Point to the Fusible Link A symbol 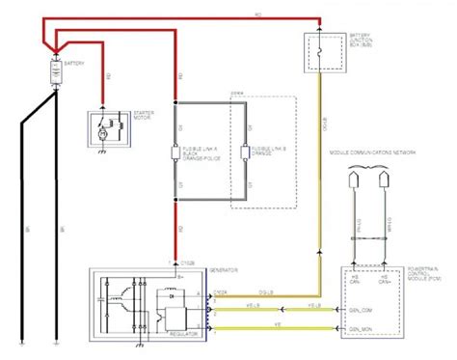[x=175, y=152]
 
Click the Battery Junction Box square [x=319, y=47]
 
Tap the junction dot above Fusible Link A [x=175, y=100]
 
